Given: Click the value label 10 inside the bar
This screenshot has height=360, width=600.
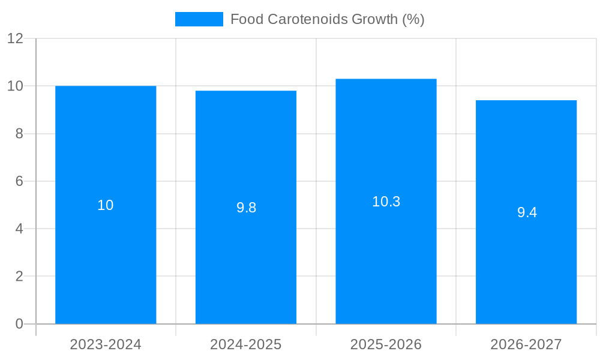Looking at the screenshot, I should (106, 205).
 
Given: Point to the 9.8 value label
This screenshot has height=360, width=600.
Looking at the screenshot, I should (246, 208).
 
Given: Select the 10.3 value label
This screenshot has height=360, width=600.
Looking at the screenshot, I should (386, 202).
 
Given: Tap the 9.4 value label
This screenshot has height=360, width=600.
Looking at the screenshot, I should (527, 212).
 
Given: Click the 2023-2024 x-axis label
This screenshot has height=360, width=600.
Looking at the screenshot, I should (106, 344).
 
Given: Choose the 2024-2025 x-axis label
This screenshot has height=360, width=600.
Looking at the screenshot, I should (246, 344).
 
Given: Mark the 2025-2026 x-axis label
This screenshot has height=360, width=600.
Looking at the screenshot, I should (386, 344).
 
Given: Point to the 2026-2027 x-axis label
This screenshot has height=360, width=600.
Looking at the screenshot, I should (526, 344).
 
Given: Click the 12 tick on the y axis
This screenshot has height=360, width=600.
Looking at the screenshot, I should (15, 39).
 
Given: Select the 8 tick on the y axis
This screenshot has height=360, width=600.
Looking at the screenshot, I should (19, 134).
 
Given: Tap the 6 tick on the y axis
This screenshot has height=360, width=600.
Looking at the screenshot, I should (19, 181).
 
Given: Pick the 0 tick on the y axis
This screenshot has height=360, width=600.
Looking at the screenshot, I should (19, 324).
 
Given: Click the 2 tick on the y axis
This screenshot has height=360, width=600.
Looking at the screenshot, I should (19, 277).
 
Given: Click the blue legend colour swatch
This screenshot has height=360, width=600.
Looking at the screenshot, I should (199, 19).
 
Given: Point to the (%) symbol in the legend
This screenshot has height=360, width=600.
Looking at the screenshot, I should (413, 19).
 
